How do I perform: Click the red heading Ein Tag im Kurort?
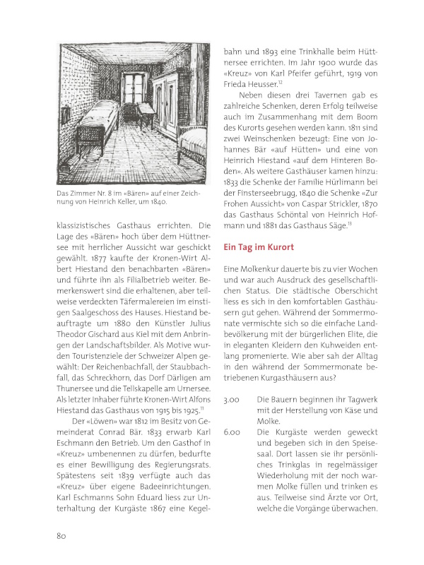coord(259,248)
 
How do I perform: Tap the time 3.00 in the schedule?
coord(232,400)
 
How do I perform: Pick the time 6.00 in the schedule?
coord(232,431)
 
